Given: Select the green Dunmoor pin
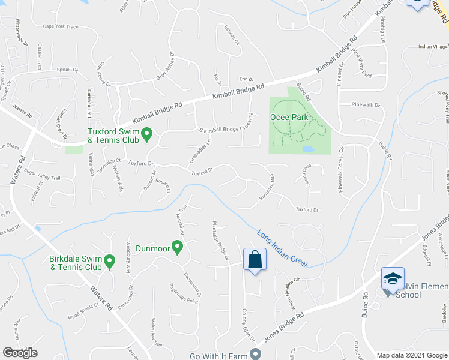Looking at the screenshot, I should pyautogui.click(x=177, y=247).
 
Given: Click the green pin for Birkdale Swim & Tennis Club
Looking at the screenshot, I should pyautogui.click(x=109, y=260).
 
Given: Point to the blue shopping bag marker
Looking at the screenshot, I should pyautogui.click(x=255, y=260).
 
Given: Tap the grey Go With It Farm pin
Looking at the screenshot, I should pyautogui.click(x=256, y=353).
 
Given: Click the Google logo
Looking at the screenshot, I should pyautogui.click(x=20, y=353).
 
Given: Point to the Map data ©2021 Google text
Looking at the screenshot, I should pyautogui.click(x=412, y=355).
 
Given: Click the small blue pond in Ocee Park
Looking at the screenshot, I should pyautogui.click(x=308, y=148).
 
